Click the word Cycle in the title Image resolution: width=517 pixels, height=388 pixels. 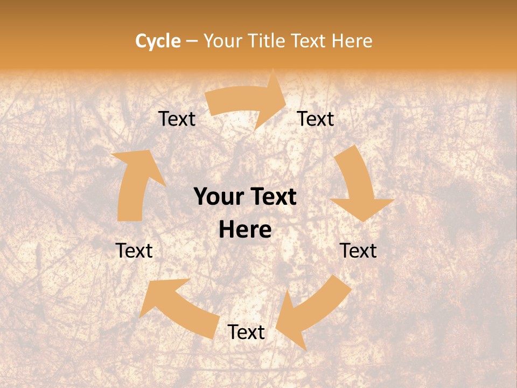coord(158,41)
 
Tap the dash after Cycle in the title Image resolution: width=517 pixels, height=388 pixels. coord(192,41)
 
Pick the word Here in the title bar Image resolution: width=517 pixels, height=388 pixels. coord(353,41)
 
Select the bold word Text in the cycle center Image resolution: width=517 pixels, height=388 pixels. coord(271,197)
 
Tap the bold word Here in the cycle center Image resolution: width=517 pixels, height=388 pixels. coord(245,230)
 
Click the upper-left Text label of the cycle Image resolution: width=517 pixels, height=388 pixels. coord(177,119)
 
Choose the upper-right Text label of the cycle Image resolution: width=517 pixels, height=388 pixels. coord(316,119)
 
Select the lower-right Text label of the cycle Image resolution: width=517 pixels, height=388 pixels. coord(358,251)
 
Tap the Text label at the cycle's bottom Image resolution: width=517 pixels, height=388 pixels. coord(246,332)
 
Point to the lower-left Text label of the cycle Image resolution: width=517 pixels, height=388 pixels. coord(134,251)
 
